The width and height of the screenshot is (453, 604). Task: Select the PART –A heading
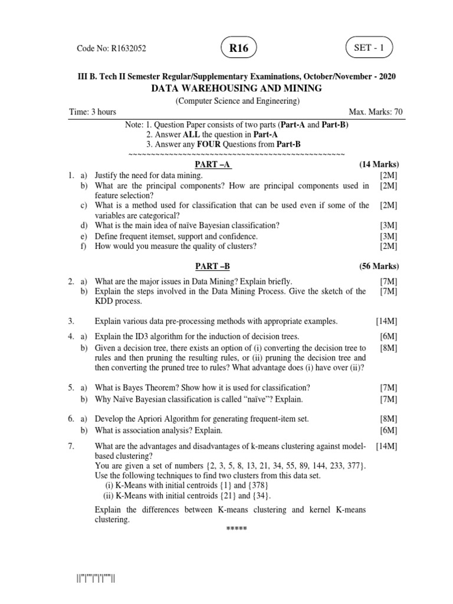[213, 164]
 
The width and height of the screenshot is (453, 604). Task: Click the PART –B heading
[213, 267]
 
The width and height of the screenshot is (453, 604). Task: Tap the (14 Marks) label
[379, 164]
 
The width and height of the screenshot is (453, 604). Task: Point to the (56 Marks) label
[379, 267]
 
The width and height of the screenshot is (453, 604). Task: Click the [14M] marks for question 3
[386, 321]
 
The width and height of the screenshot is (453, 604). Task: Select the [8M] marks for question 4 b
[389, 348]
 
